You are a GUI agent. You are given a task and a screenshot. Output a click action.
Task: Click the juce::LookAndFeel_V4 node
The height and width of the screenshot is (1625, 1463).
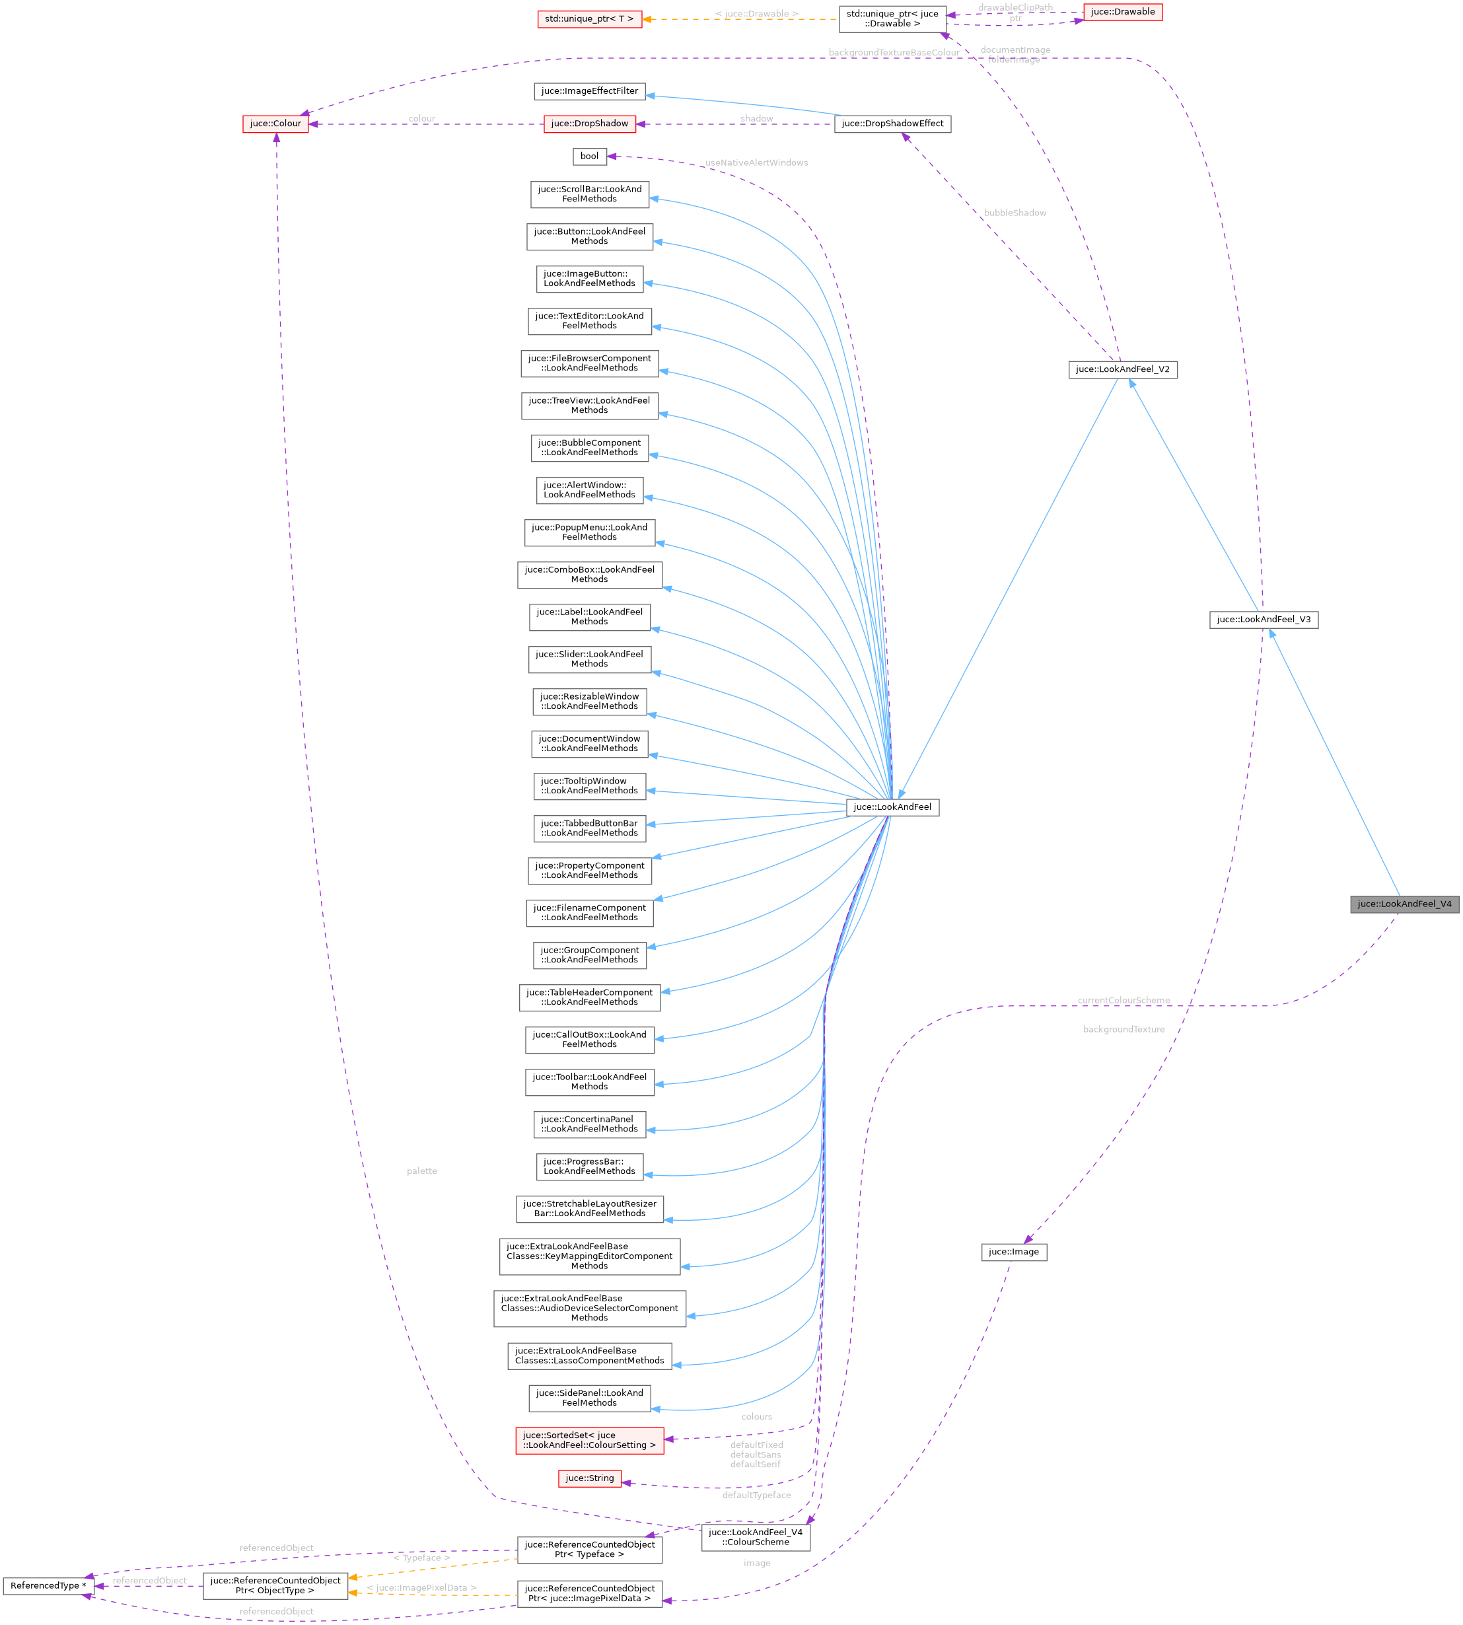1404,904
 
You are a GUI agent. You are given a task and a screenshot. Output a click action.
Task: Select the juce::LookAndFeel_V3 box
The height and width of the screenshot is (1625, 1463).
1264,619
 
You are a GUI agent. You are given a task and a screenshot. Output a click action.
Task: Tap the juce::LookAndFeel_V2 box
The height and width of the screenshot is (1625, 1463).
1123,369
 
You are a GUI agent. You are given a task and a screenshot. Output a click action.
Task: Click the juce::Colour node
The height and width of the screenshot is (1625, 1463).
275,124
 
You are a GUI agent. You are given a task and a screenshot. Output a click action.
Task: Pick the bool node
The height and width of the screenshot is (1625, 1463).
589,156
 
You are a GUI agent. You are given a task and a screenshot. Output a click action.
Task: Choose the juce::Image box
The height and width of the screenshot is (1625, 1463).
1014,1252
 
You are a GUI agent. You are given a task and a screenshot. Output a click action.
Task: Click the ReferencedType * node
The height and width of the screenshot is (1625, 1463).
48,1585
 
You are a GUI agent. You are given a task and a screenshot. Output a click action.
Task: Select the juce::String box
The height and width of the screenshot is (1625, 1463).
589,1478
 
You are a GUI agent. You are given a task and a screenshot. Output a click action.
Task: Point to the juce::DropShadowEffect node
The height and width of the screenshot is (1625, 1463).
892,124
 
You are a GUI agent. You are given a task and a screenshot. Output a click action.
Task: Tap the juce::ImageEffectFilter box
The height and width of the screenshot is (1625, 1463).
589,91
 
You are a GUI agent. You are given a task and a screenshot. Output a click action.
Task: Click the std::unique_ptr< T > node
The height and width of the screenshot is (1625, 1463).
589,19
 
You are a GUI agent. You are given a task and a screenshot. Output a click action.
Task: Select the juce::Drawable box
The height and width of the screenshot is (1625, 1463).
1123,12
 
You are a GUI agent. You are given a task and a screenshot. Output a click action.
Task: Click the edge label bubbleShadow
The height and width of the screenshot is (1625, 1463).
1015,213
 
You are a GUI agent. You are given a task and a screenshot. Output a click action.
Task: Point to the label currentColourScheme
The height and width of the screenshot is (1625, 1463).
1124,1000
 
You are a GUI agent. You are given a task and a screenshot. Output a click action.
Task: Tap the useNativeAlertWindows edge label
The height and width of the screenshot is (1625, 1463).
756,162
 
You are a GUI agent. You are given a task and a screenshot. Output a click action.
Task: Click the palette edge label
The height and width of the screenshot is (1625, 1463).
422,1171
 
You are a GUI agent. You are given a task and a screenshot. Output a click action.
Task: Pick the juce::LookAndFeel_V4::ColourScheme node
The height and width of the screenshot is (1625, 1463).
756,1537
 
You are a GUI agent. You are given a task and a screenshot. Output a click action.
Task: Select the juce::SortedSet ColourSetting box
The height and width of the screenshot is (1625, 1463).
589,1440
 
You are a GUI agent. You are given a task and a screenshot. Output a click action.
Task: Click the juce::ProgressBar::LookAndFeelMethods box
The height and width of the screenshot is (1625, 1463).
589,1166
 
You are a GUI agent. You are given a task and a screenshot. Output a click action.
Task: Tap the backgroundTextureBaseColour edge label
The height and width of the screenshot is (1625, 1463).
894,53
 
